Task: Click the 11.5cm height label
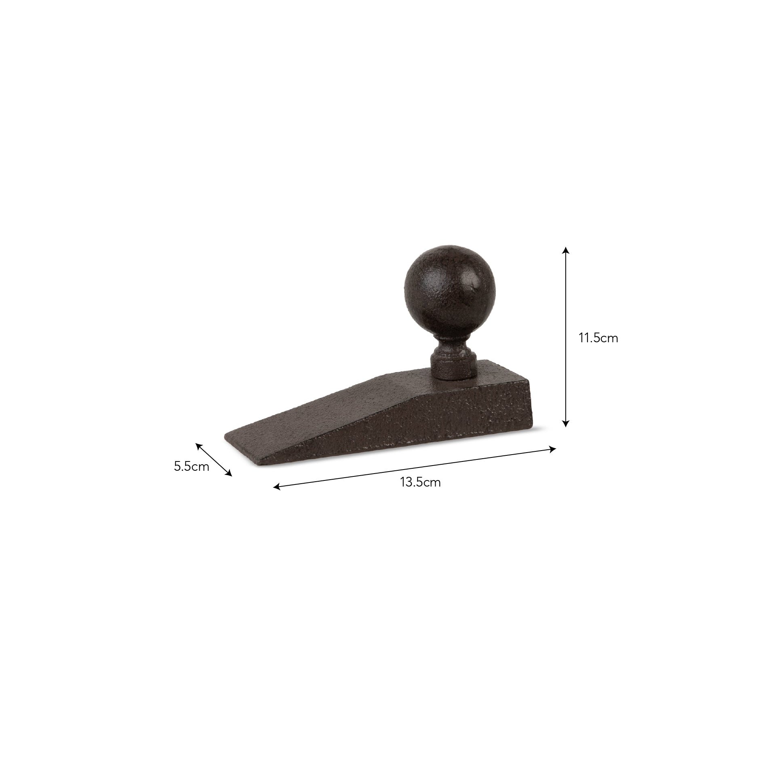pos(598,338)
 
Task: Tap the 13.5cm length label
pos(420,482)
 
